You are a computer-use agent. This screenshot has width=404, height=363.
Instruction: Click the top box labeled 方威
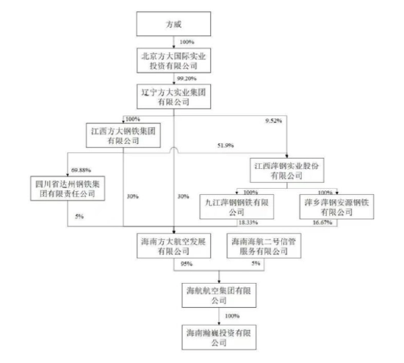pos(173,24)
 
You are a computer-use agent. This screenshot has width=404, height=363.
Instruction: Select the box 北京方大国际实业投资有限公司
pos(173,60)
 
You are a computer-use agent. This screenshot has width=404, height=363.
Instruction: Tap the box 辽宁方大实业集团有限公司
pos(173,96)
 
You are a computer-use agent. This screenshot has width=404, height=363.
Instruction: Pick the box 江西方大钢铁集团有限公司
pos(123,135)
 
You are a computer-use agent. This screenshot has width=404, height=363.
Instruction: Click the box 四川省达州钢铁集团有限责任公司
pos(68,188)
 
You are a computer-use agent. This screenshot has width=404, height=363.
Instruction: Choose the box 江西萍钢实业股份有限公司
pos(286,170)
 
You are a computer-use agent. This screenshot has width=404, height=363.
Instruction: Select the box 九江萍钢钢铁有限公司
pos(237,206)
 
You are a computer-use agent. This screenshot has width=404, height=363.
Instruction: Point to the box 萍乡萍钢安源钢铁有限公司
pos(336,206)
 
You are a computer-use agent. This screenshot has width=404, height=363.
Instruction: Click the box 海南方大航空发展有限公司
pos(173,245)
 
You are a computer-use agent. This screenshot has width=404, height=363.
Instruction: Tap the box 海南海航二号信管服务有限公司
pos(264,245)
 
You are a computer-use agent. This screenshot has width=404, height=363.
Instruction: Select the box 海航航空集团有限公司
pos(219,295)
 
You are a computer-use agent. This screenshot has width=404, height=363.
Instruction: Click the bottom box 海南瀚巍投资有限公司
pos(219,337)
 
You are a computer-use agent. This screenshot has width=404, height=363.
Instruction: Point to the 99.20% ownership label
pos(187,79)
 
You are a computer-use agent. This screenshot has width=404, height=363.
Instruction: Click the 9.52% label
pos(274,121)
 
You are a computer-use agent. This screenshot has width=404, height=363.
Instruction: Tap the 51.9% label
pos(226,145)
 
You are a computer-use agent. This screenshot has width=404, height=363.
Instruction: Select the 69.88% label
pos(81,170)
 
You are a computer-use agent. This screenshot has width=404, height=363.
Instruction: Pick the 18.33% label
pos(248,223)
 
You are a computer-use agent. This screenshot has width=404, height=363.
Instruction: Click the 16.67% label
pos(322,223)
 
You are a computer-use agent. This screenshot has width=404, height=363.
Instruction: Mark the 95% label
pos(187,264)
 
